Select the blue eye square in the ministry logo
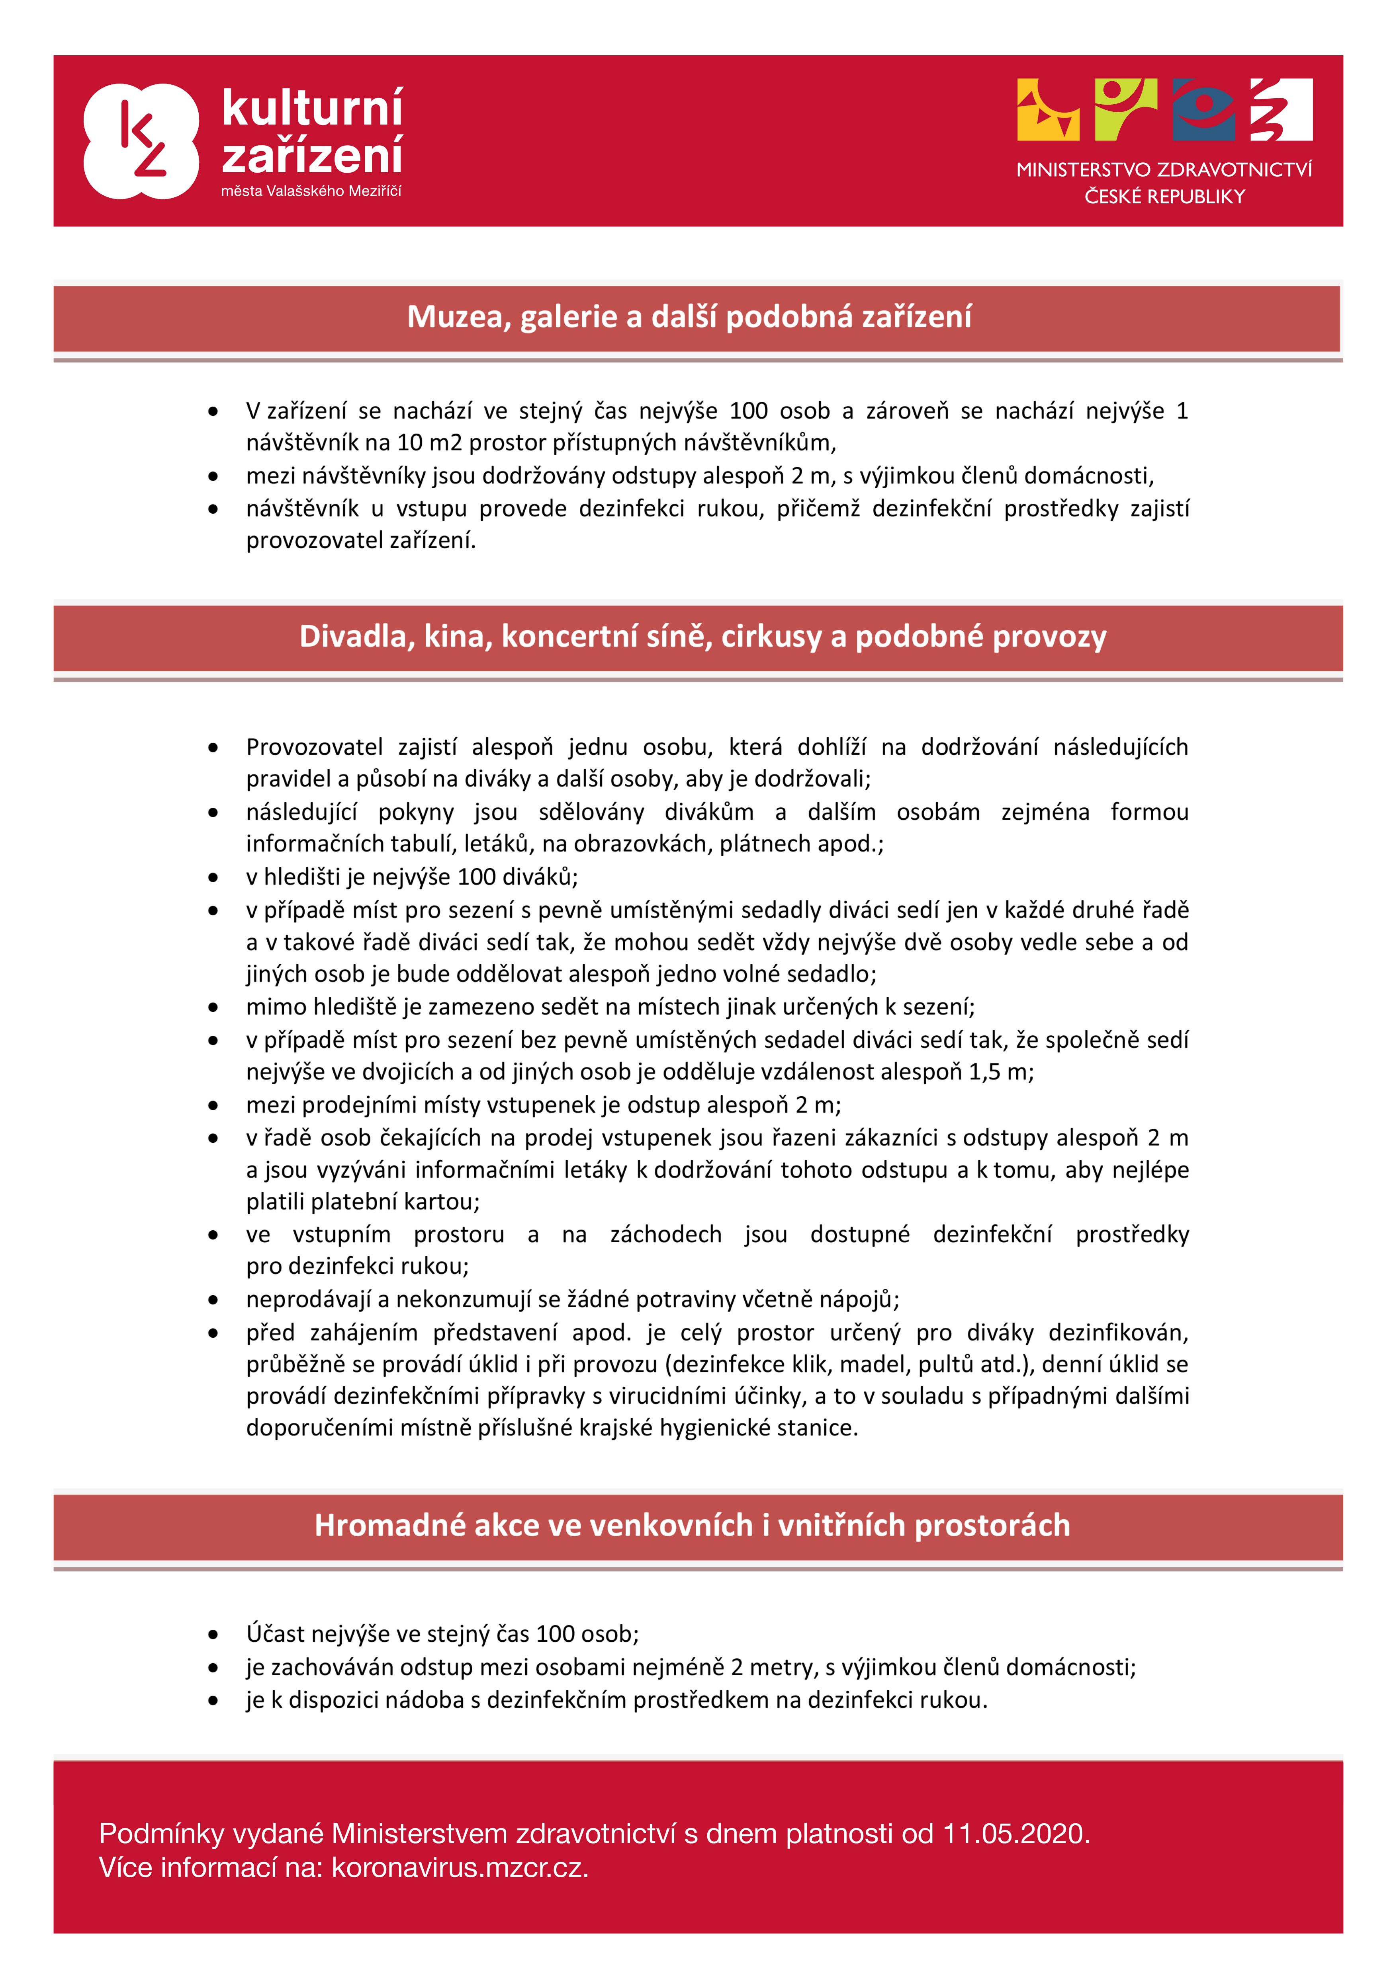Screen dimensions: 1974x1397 pos(1203,109)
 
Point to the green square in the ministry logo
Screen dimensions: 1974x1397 pos(1125,109)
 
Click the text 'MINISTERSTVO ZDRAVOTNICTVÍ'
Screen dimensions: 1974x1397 pos(1164,170)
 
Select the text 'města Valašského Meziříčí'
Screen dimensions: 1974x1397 pos(311,191)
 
